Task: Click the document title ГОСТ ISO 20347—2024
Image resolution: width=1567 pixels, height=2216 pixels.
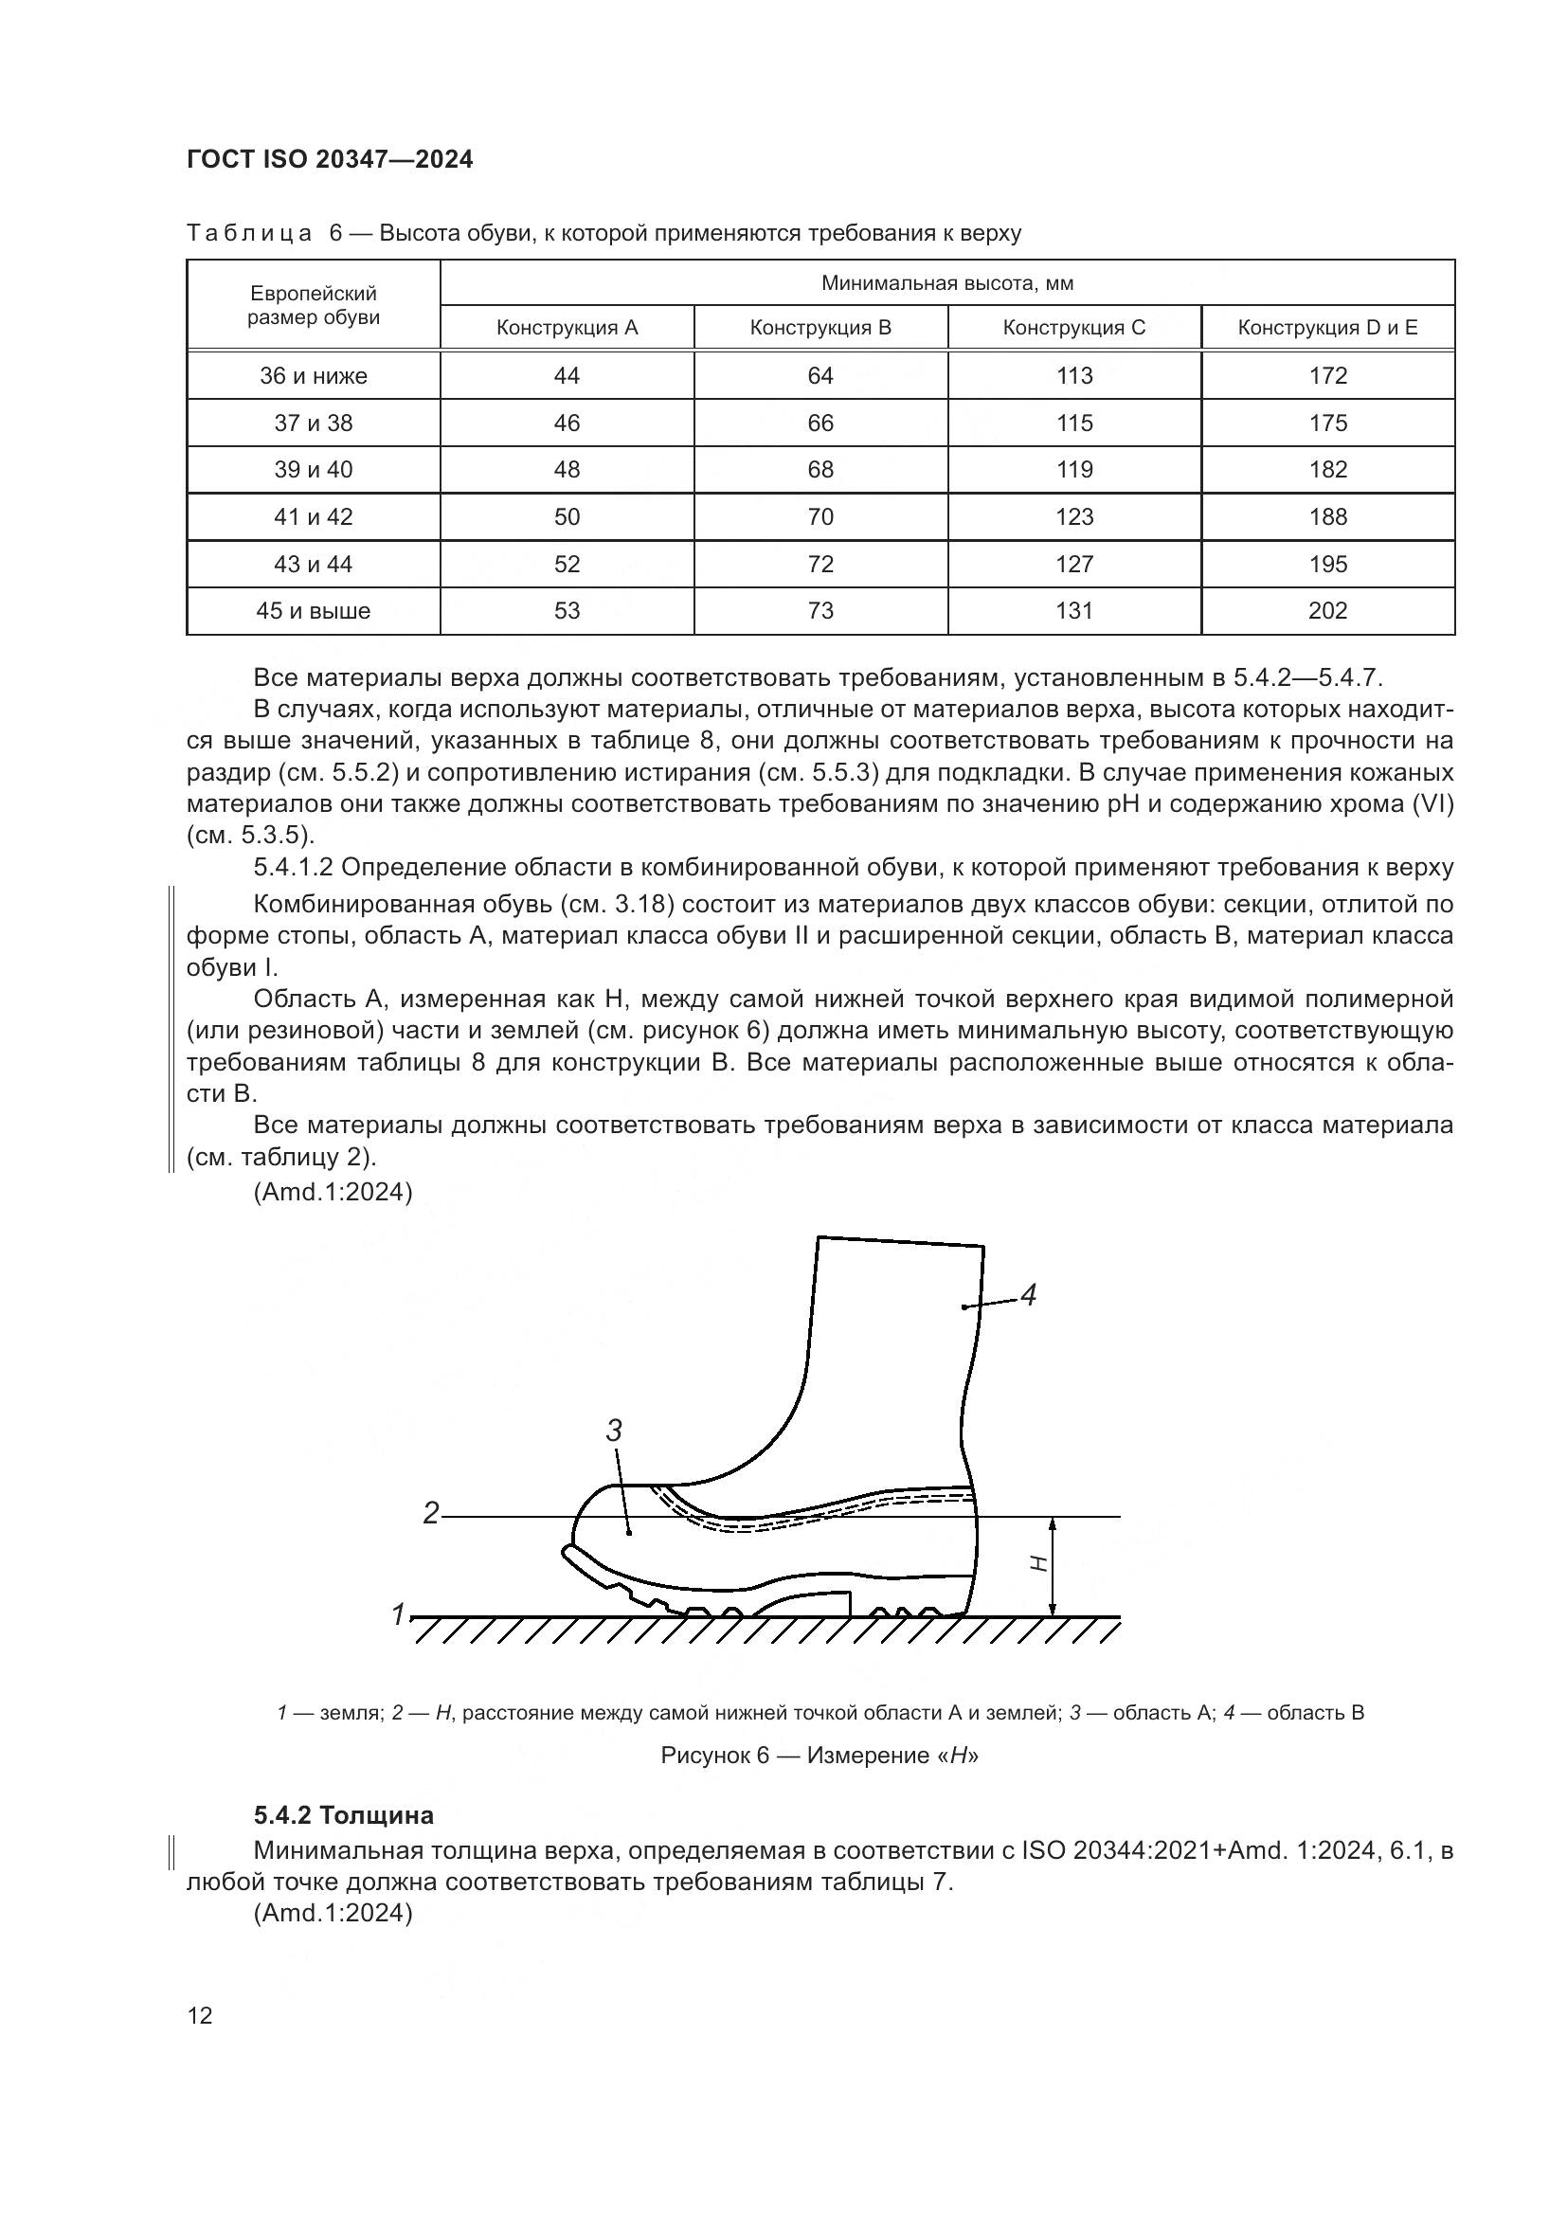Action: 330,160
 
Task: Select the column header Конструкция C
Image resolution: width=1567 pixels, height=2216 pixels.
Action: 1074,327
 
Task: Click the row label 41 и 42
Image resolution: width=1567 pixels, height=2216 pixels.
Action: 314,516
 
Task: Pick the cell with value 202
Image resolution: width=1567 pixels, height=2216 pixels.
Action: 1327,610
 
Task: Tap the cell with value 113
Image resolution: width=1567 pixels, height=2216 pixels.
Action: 1074,375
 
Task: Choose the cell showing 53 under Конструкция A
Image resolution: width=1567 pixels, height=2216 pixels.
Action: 567,610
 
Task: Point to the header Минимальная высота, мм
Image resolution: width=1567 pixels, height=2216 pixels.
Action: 946,282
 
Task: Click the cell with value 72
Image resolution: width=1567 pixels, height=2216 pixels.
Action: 820,564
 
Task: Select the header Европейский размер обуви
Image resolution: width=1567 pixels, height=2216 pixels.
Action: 314,305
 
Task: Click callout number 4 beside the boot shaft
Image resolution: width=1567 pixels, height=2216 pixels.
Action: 1029,1295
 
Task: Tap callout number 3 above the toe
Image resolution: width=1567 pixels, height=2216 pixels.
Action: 614,1431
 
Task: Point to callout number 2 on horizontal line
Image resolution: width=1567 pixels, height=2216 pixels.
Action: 431,1513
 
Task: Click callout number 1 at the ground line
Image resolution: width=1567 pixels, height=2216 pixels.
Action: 398,1613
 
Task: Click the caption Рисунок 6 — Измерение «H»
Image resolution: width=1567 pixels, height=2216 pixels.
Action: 820,1755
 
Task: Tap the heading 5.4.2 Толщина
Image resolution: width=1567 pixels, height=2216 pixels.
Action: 344,1815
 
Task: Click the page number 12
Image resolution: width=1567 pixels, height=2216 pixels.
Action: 200,2015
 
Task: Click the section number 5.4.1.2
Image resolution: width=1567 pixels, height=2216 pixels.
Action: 293,867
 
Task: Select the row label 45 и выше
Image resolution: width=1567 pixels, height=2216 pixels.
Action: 314,610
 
